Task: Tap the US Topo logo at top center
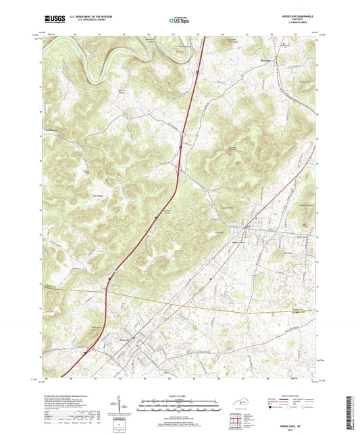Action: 179,21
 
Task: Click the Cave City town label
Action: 126,339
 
